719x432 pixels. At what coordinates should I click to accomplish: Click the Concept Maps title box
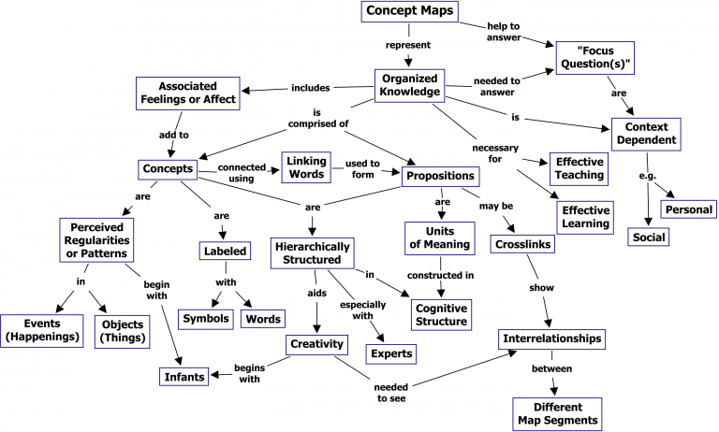tap(410, 12)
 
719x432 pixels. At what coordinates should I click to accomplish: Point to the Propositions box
tap(446, 175)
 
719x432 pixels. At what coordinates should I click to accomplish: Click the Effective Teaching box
tap(577, 168)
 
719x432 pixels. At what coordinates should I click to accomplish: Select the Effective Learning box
tap(585, 216)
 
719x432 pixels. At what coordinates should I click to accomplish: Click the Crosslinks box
tap(521, 244)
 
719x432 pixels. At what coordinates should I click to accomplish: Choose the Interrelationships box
tap(550, 338)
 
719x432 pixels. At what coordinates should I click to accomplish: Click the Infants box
tap(184, 377)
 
